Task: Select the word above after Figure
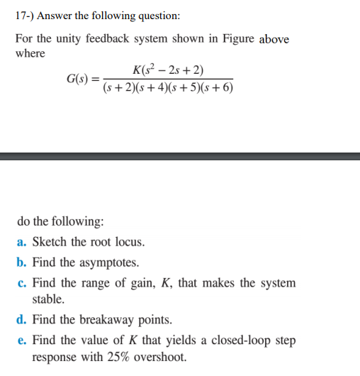(274, 39)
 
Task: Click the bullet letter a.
(21, 242)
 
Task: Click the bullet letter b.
(21, 262)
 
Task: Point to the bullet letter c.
(21, 283)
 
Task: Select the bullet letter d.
(21, 320)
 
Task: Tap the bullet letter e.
(21, 341)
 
